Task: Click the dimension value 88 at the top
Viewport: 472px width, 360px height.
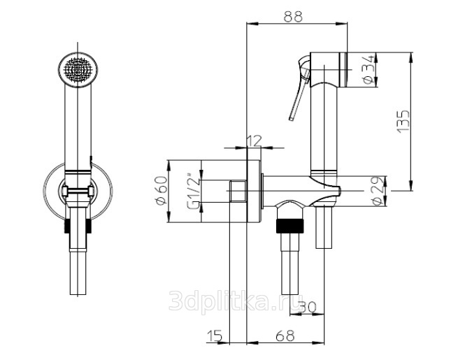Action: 292,17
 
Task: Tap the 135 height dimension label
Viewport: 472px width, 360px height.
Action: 403,121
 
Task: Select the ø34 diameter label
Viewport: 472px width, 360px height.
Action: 369,69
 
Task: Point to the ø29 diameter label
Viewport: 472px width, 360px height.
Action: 379,191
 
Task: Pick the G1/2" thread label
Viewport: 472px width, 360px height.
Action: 194,191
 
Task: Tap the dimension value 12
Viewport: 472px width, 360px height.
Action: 254,141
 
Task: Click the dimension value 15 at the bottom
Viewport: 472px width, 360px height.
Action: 215,336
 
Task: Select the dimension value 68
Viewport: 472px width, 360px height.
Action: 285,336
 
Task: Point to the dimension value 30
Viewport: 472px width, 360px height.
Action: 308,308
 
